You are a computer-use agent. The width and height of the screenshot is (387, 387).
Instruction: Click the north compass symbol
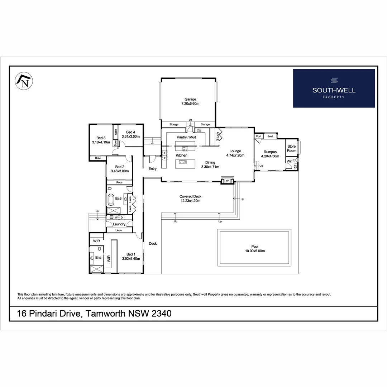[x=24, y=81]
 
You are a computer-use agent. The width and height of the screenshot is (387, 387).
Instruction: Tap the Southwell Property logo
[x=334, y=88]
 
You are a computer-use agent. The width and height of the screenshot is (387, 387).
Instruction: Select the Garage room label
[x=190, y=99]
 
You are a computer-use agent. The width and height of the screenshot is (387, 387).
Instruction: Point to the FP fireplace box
[x=227, y=181]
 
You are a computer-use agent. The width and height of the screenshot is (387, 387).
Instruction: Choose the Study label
[x=217, y=136]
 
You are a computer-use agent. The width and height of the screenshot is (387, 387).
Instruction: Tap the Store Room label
[x=292, y=148]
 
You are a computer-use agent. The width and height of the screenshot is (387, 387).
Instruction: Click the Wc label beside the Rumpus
[x=289, y=162]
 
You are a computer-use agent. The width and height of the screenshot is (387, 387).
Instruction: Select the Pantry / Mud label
[x=186, y=137]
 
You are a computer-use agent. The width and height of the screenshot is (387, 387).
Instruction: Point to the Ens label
[x=98, y=257]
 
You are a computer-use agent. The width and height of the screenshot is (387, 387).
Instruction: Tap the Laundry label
[x=119, y=224]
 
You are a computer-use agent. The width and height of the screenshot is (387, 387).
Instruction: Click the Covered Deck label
[x=190, y=196]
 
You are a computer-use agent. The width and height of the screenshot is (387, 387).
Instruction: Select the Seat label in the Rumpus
[x=270, y=136]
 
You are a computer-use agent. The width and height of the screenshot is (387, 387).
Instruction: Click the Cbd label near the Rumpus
[x=258, y=137]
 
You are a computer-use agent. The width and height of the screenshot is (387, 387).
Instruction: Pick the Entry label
[x=152, y=168]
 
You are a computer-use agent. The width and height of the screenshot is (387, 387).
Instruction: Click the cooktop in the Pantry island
[x=185, y=148]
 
